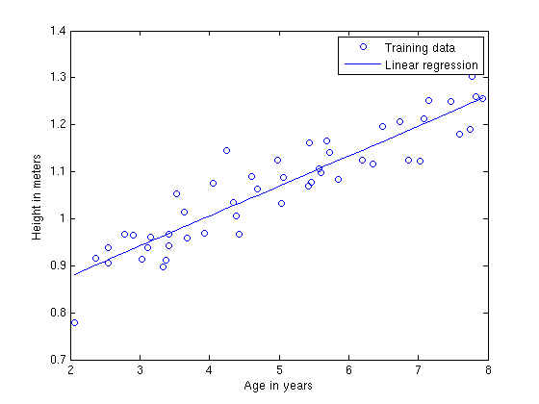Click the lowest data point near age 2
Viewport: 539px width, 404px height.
point(74,322)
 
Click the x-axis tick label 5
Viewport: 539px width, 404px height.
point(279,370)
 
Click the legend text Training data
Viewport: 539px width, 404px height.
point(420,46)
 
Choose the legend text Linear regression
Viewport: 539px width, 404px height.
point(431,64)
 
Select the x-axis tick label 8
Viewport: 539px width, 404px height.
point(488,370)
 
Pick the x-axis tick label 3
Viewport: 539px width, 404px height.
point(140,370)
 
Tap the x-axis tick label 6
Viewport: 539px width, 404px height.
point(348,370)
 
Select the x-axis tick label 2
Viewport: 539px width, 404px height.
point(70,370)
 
